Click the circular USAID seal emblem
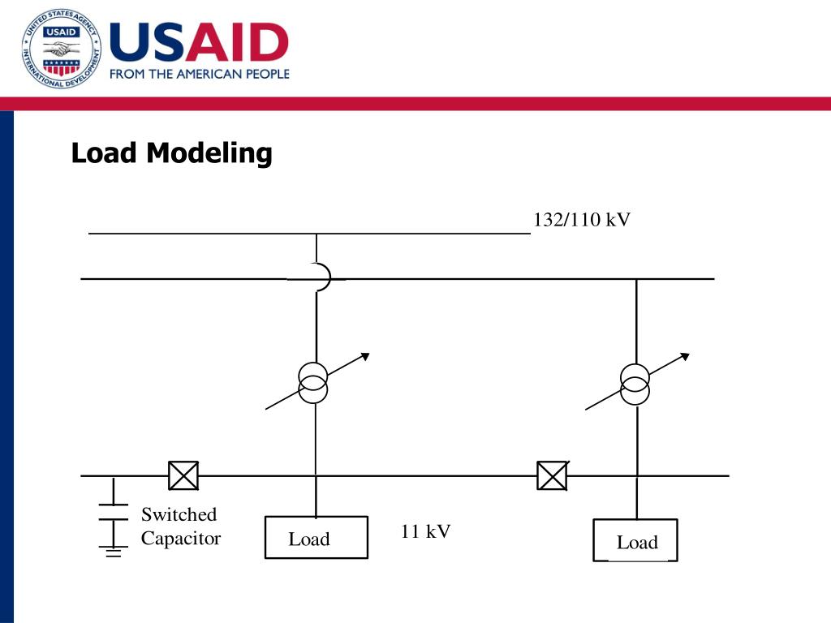62,49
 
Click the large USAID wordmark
199,42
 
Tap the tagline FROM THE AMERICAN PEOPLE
199,74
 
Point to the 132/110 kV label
581,220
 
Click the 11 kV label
425,531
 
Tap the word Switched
179,514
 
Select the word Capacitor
181,539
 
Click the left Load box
316,538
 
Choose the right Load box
635,541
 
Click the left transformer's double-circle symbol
313,383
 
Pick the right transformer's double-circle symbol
635,384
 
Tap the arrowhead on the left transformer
365,356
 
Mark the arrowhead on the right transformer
685,356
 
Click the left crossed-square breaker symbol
183,475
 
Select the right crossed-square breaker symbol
552,475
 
